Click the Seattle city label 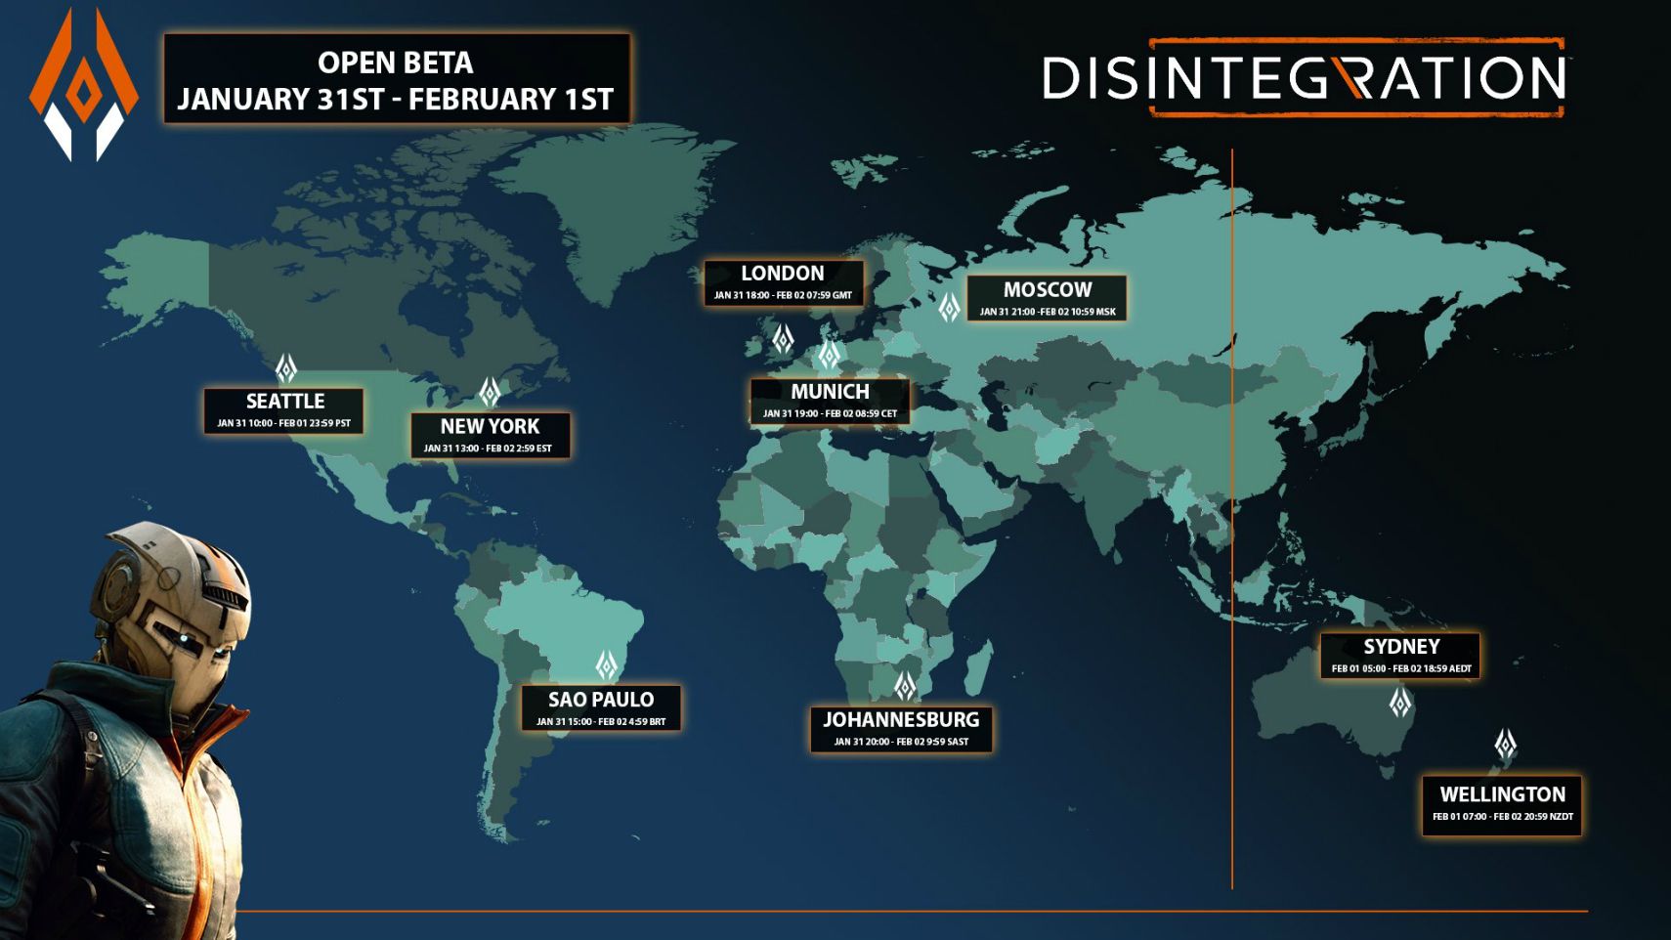point(283,409)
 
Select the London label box point(783,281)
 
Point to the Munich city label point(830,400)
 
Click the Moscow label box point(1047,297)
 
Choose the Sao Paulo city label point(600,707)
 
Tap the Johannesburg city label point(901,729)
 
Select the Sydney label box point(1400,655)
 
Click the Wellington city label point(1502,803)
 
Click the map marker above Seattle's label point(286,367)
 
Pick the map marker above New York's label point(490,392)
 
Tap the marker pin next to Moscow point(949,308)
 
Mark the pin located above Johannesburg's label point(906,685)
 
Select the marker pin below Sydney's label point(1400,702)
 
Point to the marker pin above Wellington point(1506,745)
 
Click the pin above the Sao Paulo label point(607,665)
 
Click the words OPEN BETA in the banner point(396,63)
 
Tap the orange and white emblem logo point(83,85)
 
